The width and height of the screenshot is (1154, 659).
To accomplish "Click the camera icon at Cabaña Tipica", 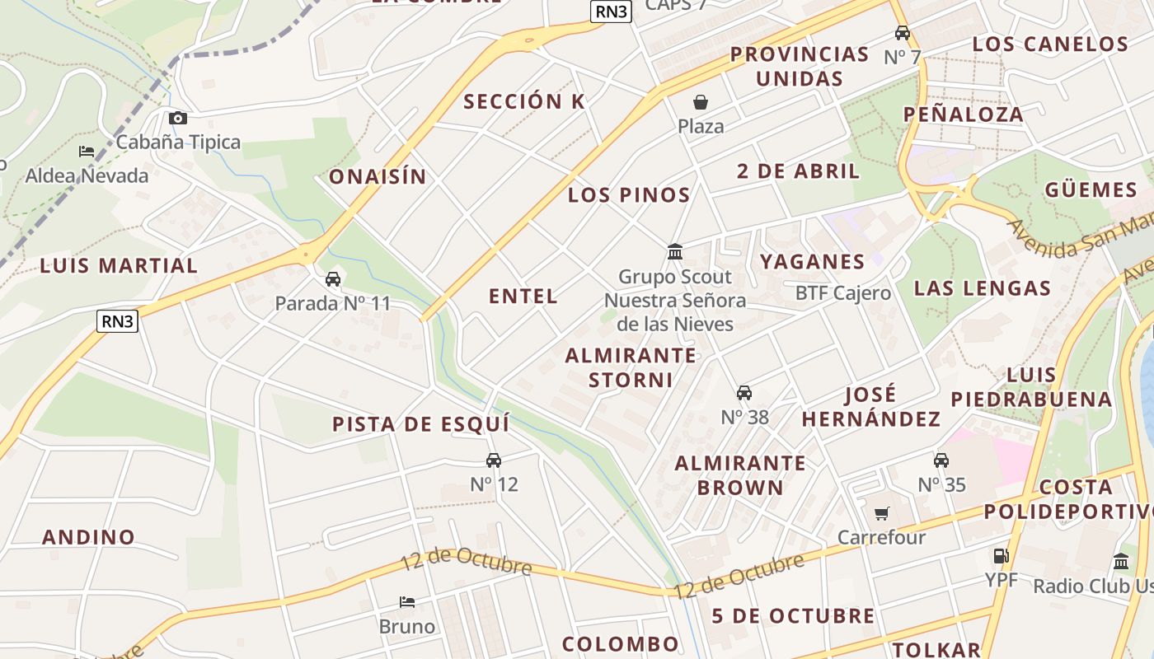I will tap(177, 119).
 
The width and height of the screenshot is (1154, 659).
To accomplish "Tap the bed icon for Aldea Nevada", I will tap(87, 152).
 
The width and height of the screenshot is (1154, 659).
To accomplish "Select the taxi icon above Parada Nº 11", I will tap(333, 279).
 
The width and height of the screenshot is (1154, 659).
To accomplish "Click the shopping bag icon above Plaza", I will tap(701, 102).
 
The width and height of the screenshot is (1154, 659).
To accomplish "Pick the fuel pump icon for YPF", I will tap(1001, 556).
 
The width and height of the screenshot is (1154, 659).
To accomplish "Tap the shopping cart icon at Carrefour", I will tap(882, 514).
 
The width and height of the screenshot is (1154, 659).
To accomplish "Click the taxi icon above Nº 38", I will tap(744, 393).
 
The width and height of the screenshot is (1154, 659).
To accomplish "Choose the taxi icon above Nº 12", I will tap(494, 460).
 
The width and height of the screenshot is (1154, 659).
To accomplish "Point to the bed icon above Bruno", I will tap(406, 602).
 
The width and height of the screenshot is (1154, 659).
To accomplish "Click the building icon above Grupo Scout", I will tap(675, 251).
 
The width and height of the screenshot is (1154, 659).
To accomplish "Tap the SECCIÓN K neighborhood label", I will tap(524, 101).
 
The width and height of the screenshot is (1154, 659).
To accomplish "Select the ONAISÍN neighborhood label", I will tap(378, 176).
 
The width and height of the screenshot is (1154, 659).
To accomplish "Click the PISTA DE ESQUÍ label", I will tap(420, 424).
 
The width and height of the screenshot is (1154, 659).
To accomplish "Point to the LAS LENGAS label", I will tap(983, 288).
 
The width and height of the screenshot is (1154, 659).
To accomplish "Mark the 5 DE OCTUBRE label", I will tap(793, 616).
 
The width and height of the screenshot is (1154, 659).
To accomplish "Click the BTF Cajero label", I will tap(842, 293).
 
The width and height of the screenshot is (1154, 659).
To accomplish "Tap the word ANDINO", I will tap(88, 537).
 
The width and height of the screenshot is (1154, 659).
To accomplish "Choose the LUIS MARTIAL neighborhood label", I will tap(119, 266).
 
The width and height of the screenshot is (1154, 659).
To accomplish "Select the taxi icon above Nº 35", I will tap(941, 460).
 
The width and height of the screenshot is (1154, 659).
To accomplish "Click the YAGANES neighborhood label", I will tap(812, 262).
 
